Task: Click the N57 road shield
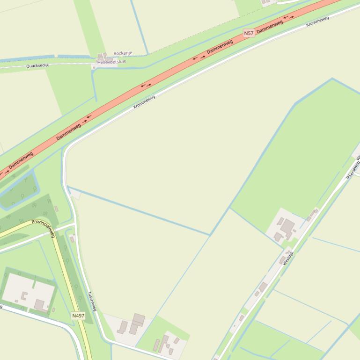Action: pos(249,33)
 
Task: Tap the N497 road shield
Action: pos(78,316)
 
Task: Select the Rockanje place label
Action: pos(123,54)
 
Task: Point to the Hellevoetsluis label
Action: pos(111,61)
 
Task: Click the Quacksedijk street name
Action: pos(37,65)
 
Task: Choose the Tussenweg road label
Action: pos(92,302)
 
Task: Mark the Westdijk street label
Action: pos(288,258)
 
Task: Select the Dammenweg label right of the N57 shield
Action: pos(270,26)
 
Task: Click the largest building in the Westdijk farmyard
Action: pos(287,228)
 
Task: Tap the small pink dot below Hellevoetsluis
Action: pos(94,67)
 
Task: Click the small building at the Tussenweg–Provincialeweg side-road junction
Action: pos(72,239)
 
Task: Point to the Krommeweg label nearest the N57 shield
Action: pos(317,22)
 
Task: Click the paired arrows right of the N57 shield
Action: pos(288,18)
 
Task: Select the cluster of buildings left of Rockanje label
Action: pos(102,57)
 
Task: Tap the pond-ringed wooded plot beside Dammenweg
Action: pos(19,189)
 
